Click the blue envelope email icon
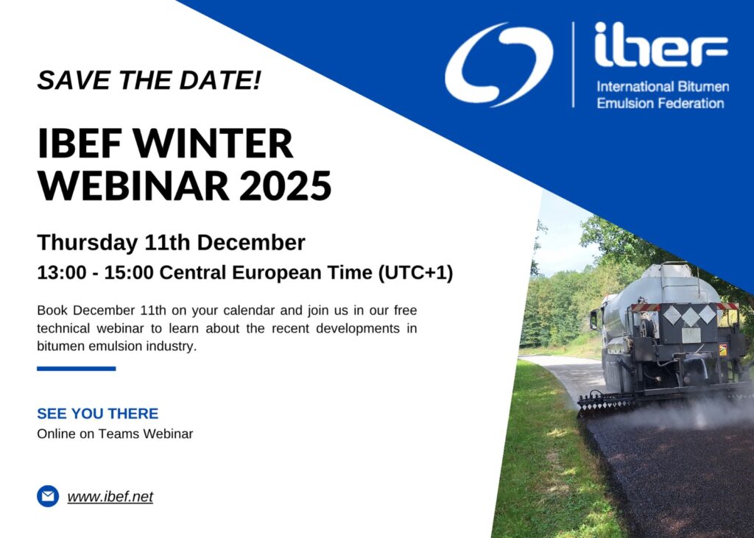coord(48,496)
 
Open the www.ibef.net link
coord(110,497)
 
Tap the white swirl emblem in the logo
coord(498,64)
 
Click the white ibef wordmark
coord(661,44)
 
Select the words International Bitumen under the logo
coord(663,87)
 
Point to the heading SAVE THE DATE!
coord(149,79)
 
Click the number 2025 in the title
coord(286,185)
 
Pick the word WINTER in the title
coord(213,144)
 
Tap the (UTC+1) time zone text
coord(415,272)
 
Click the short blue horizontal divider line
coord(77,369)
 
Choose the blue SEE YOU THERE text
coord(98,414)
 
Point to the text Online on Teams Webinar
coord(115,433)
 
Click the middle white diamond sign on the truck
coord(690,316)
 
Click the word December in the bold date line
coord(251,243)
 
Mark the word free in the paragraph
coord(405,310)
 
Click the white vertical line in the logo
coord(573,65)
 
